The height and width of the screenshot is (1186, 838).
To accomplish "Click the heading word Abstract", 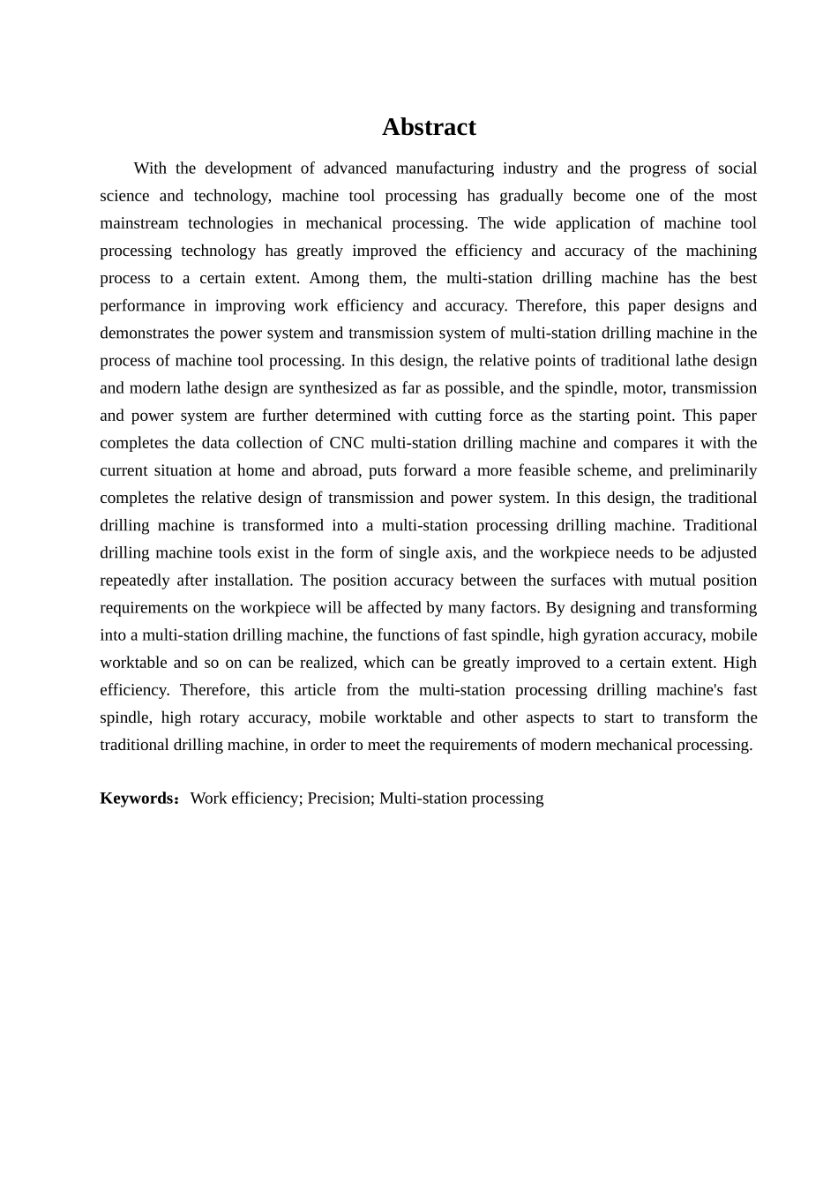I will pos(429,127).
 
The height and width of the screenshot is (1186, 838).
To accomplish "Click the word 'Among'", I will pos(333,278).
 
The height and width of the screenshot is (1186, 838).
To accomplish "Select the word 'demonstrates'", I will pos(145,334).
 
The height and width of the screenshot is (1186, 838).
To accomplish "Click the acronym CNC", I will pos(346,443).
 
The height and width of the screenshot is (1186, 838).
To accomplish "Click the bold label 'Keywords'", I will pos(138,799).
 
